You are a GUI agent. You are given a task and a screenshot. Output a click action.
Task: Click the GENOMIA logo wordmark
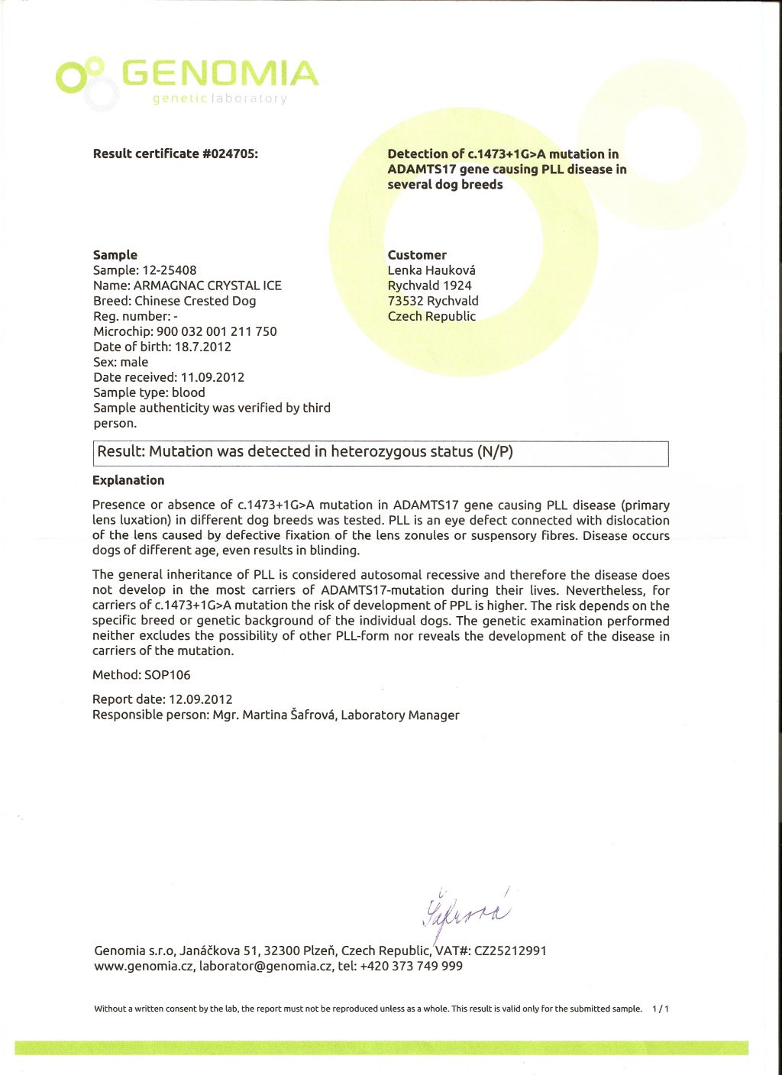tap(220, 74)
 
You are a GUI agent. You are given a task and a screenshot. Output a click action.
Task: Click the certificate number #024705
tap(230, 153)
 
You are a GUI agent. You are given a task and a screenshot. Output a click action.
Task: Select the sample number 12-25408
tap(170, 270)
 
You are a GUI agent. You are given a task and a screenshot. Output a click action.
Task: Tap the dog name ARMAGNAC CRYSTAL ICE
tap(208, 286)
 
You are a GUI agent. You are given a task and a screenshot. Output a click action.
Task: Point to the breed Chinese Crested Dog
tap(195, 301)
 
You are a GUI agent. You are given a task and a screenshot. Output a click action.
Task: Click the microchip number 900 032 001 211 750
tap(217, 331)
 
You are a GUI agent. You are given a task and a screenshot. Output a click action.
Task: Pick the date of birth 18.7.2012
tap(203, 347)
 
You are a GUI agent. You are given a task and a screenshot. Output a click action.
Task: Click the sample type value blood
tap(189, 392)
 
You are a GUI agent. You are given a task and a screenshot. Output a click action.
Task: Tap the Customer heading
tap(417, 255)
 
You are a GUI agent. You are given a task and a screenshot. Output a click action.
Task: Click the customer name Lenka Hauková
tap(431, 270)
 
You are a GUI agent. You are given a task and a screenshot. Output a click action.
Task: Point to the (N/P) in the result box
tap(495, 452)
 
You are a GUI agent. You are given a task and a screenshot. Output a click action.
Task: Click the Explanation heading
tap(128, 480)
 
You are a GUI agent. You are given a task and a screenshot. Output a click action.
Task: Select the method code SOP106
tap(167, 675)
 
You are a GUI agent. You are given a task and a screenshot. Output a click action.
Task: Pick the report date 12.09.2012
tap(201, 699)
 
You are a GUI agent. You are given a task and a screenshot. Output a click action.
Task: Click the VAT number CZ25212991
tap(510, 951)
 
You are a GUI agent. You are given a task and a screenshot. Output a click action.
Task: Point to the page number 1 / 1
tap(661, 1009)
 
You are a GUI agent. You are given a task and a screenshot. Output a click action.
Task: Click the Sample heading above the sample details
tap(115, 255)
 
